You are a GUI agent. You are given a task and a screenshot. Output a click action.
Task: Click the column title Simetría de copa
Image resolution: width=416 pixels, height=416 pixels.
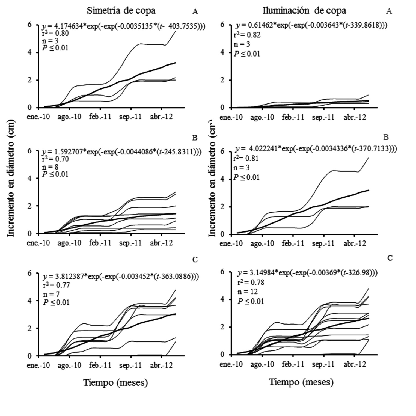[121, 11]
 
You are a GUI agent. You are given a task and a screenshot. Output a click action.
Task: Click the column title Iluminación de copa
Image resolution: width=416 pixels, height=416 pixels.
[304, 11]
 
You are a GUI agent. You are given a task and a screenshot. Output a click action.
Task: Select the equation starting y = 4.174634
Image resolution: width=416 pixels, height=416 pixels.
[123, 26]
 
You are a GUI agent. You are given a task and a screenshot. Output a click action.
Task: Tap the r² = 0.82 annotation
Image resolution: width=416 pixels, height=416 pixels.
[247, 35]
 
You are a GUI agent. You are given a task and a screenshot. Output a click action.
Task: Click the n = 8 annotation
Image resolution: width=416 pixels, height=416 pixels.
[50, 167]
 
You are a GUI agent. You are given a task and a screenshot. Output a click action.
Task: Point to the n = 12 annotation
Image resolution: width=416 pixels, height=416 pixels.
[248, 292]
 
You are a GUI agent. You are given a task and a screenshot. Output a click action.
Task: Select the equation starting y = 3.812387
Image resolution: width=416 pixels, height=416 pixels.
[121, 277]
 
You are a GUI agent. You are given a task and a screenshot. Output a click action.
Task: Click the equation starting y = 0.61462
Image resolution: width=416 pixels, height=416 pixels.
[311, 25]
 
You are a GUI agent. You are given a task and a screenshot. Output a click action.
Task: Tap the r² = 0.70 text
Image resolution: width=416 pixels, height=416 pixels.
[55, 159]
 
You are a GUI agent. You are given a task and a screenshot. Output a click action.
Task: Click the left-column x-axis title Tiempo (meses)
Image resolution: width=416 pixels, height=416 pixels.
[115, 382]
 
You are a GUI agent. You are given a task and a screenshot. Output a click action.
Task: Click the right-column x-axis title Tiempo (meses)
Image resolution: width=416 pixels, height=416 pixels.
[301, 382]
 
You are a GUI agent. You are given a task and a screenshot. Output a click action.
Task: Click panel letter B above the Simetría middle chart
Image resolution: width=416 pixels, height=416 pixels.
[195, 138]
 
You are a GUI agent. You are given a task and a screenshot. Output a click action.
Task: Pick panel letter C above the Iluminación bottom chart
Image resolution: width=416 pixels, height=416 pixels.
[390, 258]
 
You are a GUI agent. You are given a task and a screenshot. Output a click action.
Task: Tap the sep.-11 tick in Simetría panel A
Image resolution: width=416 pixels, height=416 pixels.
[130, 117]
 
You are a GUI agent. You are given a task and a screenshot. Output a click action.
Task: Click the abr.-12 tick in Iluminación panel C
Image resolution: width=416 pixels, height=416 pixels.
[355, 364]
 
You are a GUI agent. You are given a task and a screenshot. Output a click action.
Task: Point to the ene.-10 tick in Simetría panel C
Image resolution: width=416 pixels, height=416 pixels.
[38, 365]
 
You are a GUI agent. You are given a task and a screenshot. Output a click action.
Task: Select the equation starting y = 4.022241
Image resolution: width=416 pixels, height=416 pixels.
[316, 149]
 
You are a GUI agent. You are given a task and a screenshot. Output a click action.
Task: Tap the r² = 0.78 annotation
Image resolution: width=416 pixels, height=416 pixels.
[251, 282]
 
